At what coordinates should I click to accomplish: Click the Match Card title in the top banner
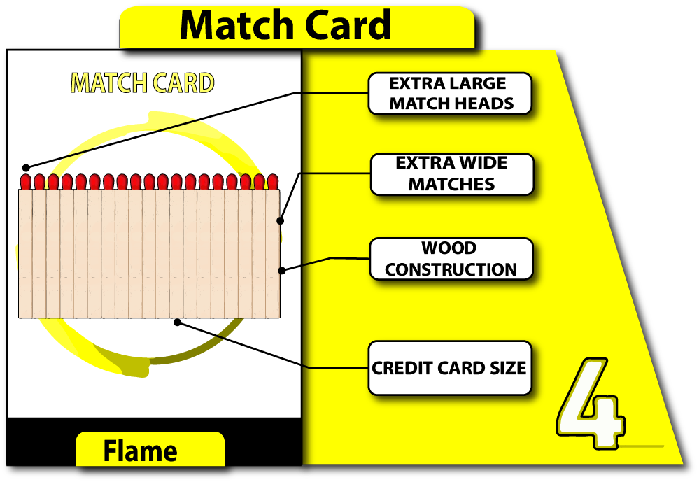click(x=285, y=25)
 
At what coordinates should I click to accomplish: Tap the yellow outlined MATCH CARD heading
click(x=143, y=83)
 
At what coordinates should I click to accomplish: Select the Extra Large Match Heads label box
click(x=450, y=94)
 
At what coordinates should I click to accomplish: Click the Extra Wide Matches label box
click(x=451, y=174)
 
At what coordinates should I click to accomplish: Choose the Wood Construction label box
click(x=451, y=259)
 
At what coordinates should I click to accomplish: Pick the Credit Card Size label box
click(x=449, y=368)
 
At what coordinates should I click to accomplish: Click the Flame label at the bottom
click(x=140, y=451)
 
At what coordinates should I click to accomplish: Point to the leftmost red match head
click(x=26, y=182)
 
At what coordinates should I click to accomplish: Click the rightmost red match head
click(x=273, y=181)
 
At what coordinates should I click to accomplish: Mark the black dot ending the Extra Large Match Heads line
click(x=26, y=167)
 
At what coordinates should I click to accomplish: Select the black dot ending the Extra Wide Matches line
click(x=281, y=221)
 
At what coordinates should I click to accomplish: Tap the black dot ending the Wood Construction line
click(x=281, y=270)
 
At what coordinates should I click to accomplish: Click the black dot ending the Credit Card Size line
click(x=178, y=322)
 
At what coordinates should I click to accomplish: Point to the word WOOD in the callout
click(x=449, y=248)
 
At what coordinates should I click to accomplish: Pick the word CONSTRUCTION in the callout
click(x=451, y=269)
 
